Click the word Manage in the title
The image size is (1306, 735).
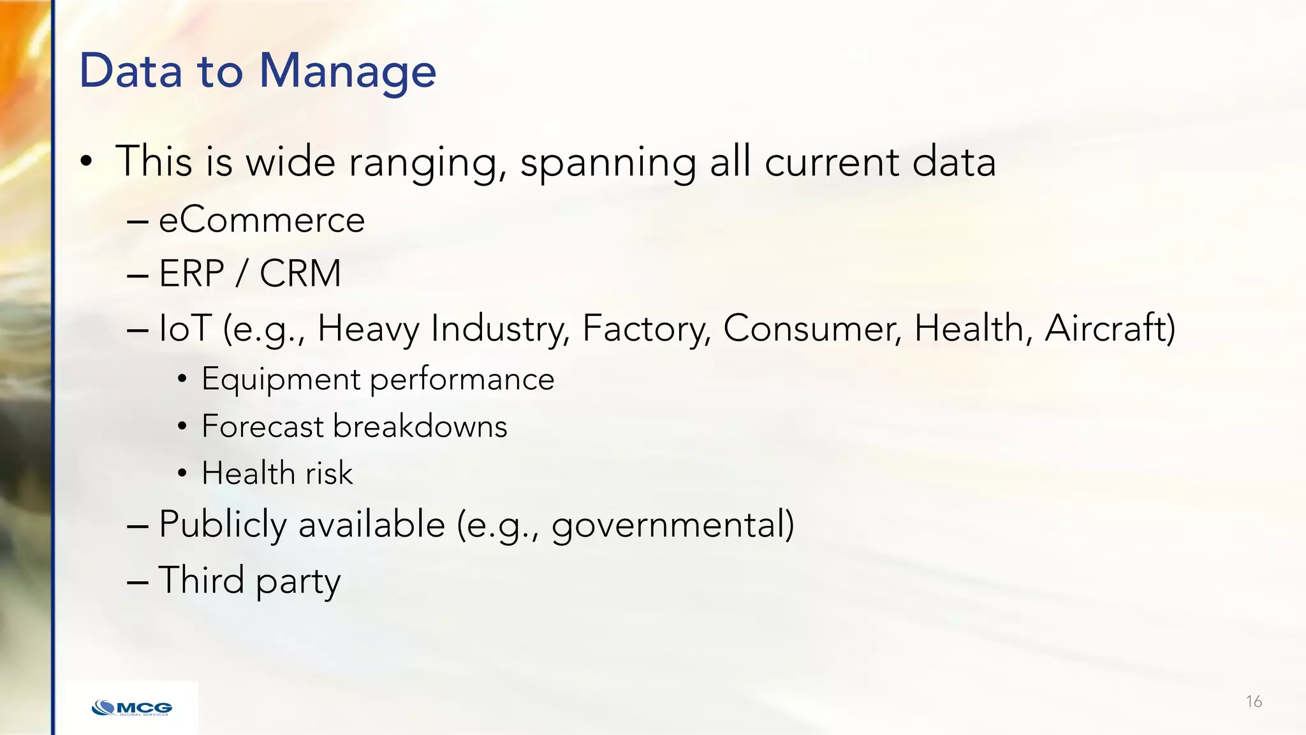coord(348,71)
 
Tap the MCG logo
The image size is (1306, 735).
coord(132,708)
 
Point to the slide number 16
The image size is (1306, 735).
coord(1254,702)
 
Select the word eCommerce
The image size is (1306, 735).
coord(261,221)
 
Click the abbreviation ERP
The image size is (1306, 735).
coord(191,274)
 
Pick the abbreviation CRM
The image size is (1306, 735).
coord(300,274)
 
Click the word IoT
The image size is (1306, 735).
coord(185,329)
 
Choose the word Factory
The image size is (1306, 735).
coord(646,329)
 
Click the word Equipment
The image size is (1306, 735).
coord(281,380)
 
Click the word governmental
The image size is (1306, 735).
coord(672,525)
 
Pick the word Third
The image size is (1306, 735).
coord(201,580)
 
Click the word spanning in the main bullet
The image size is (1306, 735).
coord(608,162)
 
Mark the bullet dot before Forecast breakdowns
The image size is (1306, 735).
coord(182,426)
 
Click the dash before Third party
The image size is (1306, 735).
coord(138,582)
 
